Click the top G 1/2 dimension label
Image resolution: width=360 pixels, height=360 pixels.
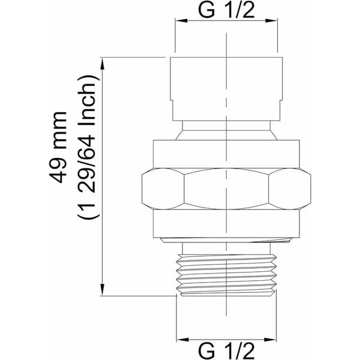(226, 10)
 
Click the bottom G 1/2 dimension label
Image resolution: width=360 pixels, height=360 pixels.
(226, 351)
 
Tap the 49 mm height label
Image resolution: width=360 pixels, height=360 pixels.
(58, 148)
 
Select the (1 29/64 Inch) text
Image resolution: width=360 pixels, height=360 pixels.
(89, 147)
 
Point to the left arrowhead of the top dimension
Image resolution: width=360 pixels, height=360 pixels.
(181, 20)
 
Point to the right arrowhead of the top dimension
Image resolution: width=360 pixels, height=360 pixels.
(271, 20)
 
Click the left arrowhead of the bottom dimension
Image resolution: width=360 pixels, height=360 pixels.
(183, 340)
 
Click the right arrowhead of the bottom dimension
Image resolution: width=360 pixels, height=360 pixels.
(270, 340)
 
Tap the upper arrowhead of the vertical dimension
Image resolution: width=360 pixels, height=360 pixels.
(103, 64)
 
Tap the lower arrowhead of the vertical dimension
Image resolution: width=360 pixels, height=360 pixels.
(103, 290)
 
